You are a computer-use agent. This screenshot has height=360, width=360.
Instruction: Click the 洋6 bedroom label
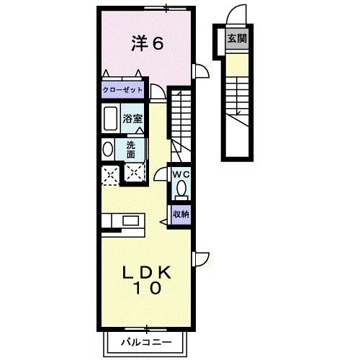pos(148,43)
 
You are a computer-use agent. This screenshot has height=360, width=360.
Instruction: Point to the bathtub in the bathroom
pos(110,119)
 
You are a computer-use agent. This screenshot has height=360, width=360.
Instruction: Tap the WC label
pos(180,174)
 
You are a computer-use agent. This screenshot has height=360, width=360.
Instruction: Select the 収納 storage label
pos(180,214)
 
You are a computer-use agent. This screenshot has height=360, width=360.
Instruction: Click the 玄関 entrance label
pos(236,39)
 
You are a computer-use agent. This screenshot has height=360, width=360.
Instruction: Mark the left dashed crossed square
pos(110,174)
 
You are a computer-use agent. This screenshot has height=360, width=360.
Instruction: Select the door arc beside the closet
pos(156,91)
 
